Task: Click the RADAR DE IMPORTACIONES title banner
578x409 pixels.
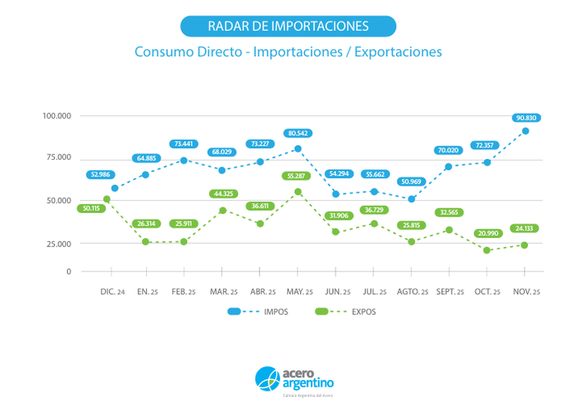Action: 288,26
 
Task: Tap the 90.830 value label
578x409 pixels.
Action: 525,118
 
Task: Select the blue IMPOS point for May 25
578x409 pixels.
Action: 298,148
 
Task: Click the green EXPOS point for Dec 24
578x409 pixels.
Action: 107,199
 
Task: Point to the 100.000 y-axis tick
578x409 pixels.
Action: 56,116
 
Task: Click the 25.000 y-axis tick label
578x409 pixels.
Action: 58,243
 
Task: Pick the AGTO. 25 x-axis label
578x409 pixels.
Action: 411,292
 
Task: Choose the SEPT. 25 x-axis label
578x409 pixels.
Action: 449,292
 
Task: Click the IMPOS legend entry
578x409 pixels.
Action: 258,312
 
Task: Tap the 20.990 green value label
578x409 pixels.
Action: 487,233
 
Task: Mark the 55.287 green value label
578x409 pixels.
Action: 298,176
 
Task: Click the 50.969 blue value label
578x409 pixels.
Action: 411,182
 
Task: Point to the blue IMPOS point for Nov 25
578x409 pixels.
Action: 526,131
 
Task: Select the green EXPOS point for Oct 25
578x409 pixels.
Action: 487,250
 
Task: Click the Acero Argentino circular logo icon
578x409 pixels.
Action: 268,378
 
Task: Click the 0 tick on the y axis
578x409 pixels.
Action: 68,271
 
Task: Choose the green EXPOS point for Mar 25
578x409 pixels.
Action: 222,211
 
